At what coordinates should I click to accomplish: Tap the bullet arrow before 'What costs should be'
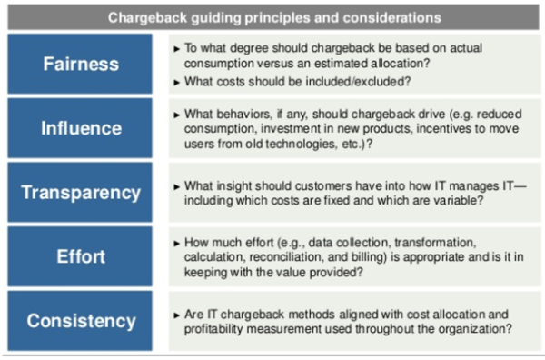[x=175, y=81]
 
